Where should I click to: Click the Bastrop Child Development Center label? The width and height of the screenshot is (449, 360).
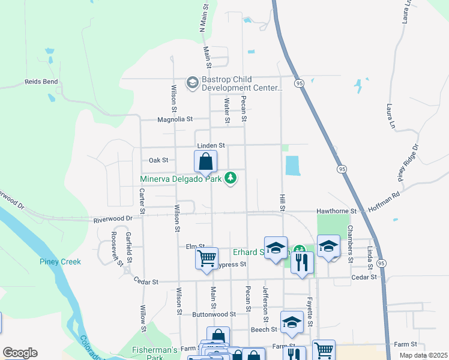[243, 83]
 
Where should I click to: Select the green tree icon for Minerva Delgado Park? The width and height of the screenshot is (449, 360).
[231, 178]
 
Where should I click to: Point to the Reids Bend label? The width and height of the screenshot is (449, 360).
[41, 82]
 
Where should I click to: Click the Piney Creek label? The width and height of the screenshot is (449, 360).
[60, 262]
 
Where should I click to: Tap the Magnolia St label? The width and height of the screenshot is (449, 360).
[175, 119]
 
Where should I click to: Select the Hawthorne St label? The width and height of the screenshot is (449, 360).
[337, 211]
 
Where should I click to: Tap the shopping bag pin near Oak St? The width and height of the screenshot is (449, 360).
[205, 162]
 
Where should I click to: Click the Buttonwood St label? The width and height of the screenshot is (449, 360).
[214, 314]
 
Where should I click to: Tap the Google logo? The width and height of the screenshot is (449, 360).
[20, 353]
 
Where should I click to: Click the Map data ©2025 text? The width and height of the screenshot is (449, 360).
[424, 355]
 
